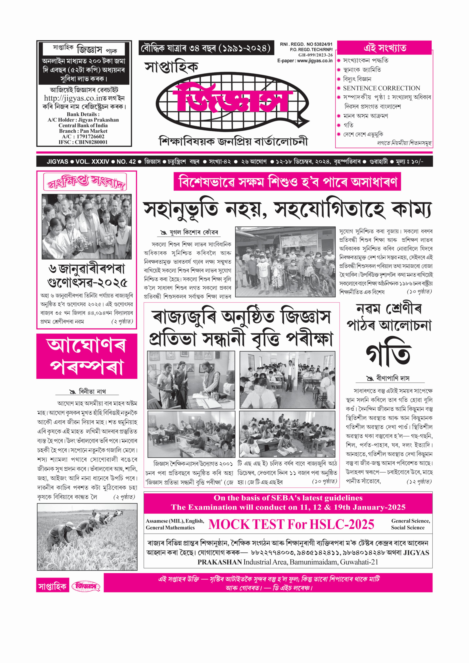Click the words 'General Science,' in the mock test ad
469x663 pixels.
click(x=410, y=521)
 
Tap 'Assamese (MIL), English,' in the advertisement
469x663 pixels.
click(x=175, y=521)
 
